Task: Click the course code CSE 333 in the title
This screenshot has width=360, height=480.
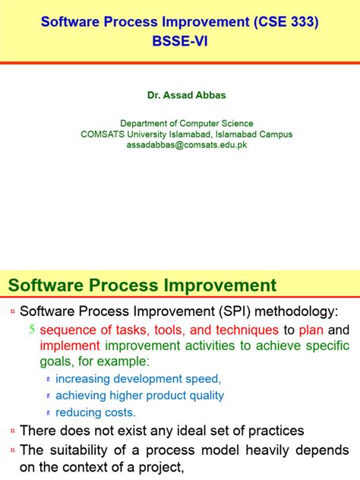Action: point(288,24)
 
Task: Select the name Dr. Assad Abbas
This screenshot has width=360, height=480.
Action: point(180,97)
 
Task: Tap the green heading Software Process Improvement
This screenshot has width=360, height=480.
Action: point(142,286)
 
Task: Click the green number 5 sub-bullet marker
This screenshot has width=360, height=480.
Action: point(31,330)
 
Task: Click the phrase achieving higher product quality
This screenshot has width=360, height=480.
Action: point(140,395)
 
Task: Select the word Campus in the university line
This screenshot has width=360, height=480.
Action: point(275,134)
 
